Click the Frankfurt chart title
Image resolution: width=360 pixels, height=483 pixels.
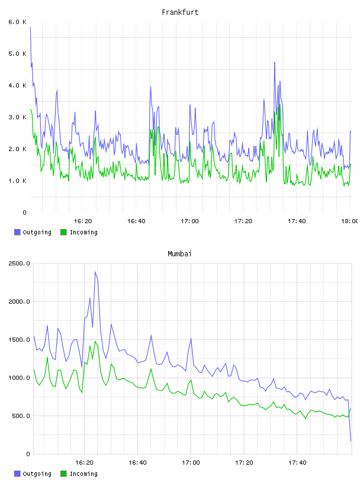tap(180, 12)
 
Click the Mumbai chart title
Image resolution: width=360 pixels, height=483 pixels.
tap(179, 254)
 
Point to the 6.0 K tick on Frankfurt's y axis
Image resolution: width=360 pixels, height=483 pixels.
tap(17, 22)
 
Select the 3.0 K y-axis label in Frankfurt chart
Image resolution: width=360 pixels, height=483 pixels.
tap(17, 117)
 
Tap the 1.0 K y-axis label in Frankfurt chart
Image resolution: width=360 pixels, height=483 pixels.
tap(17, 181)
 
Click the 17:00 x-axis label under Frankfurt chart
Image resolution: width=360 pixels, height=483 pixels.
tap(189, 221)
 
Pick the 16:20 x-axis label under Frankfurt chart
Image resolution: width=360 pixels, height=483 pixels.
tap(83, 221)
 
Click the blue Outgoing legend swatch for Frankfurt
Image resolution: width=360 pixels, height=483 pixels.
tap(17, 232)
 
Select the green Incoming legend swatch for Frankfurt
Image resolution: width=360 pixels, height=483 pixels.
tap(63, 232)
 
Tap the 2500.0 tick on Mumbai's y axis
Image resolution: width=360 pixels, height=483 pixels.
tap(19, 263)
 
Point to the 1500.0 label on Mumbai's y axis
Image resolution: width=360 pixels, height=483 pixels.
tap(19, 339)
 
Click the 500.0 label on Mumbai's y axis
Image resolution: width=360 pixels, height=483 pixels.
tap(21, 416)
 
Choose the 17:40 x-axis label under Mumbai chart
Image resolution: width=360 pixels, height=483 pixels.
tap(297, 463)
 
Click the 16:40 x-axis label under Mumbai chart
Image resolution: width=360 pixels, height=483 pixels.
tap(137, 463)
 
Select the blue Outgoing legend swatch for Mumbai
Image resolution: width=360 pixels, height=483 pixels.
tap(17, 474)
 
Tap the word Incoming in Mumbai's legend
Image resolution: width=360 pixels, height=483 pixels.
tap(83, 474)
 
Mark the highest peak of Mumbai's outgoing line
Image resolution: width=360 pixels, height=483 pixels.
tap(95, 272)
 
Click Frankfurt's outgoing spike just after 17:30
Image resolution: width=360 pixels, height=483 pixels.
tap(275, 63)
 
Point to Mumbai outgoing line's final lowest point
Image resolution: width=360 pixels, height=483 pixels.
tap(351, 441)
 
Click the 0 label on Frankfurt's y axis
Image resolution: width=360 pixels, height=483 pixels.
tap(25, 212)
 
